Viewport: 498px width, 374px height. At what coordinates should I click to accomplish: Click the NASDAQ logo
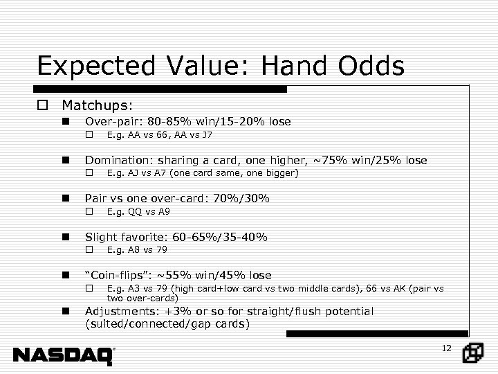(64, 355)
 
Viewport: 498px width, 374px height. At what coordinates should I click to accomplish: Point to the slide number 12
(446, 348)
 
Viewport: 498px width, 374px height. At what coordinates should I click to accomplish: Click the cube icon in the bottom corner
(474, 353)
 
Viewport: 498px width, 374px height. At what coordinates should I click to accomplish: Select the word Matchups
(96, 105)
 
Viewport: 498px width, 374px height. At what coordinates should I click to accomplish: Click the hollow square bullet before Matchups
(44, 105)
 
